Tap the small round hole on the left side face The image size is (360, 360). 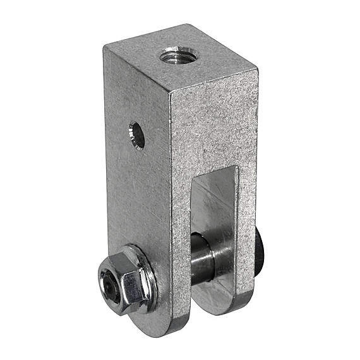[137, 134]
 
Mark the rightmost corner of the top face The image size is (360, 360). [257, 63]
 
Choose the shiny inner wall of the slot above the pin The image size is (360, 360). [215, 202]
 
